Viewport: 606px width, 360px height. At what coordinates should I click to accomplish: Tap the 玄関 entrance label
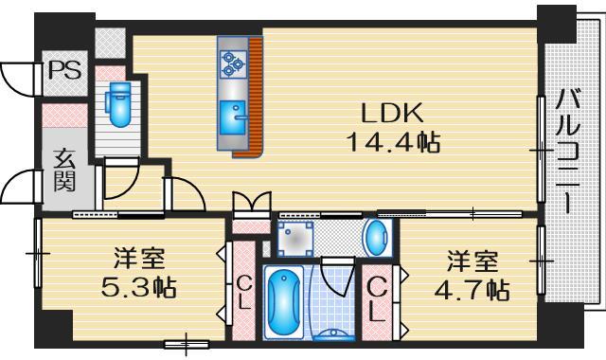point(64,171)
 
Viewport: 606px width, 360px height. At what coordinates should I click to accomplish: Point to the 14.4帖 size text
point(390,143)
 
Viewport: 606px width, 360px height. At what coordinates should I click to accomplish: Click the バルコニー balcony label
point(569,152)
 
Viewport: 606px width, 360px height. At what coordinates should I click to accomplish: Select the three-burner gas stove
point(233,63)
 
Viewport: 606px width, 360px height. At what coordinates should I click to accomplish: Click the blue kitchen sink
point(233,118)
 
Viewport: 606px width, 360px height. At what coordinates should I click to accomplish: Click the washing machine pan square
point(296,238)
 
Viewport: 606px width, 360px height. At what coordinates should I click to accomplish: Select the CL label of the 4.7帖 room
point(376,297)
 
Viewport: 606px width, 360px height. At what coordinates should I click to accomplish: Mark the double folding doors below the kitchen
point(251,205)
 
